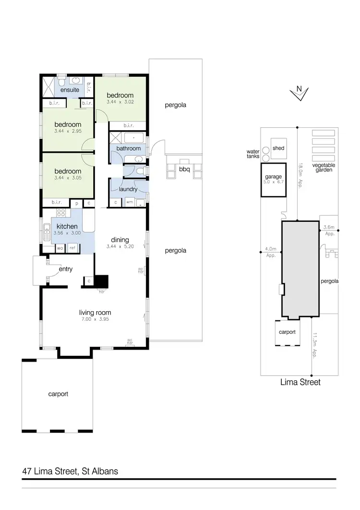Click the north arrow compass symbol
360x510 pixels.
(x=299, y=93)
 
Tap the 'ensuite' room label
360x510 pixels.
(x=70, y=90)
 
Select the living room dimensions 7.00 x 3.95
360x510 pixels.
(x=95, y=319)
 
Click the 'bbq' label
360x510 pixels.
(x=184, y=169)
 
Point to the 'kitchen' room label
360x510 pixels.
(x=67, y=226)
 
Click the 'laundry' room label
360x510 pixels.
(x=128, y=189)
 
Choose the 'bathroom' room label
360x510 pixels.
(x=129, y=148)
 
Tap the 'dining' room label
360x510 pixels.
(x=120, y=240)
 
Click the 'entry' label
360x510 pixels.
(x=65, y=269)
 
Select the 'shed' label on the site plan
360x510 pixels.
(x=278, y=148)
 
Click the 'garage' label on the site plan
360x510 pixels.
(x=273, y=177)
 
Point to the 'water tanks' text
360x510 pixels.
(x=253, y=153)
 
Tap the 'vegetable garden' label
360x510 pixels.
(x=324, y=167)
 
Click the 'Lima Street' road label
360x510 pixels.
(x=300, y=383)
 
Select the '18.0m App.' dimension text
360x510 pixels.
(x=300, y=175)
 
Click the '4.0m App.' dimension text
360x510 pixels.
(x=271, y=252)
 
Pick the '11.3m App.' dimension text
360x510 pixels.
(x=315, y=345)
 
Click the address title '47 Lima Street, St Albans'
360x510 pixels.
(x=70, y=471)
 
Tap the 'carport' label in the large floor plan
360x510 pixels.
(x=58, y=394)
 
